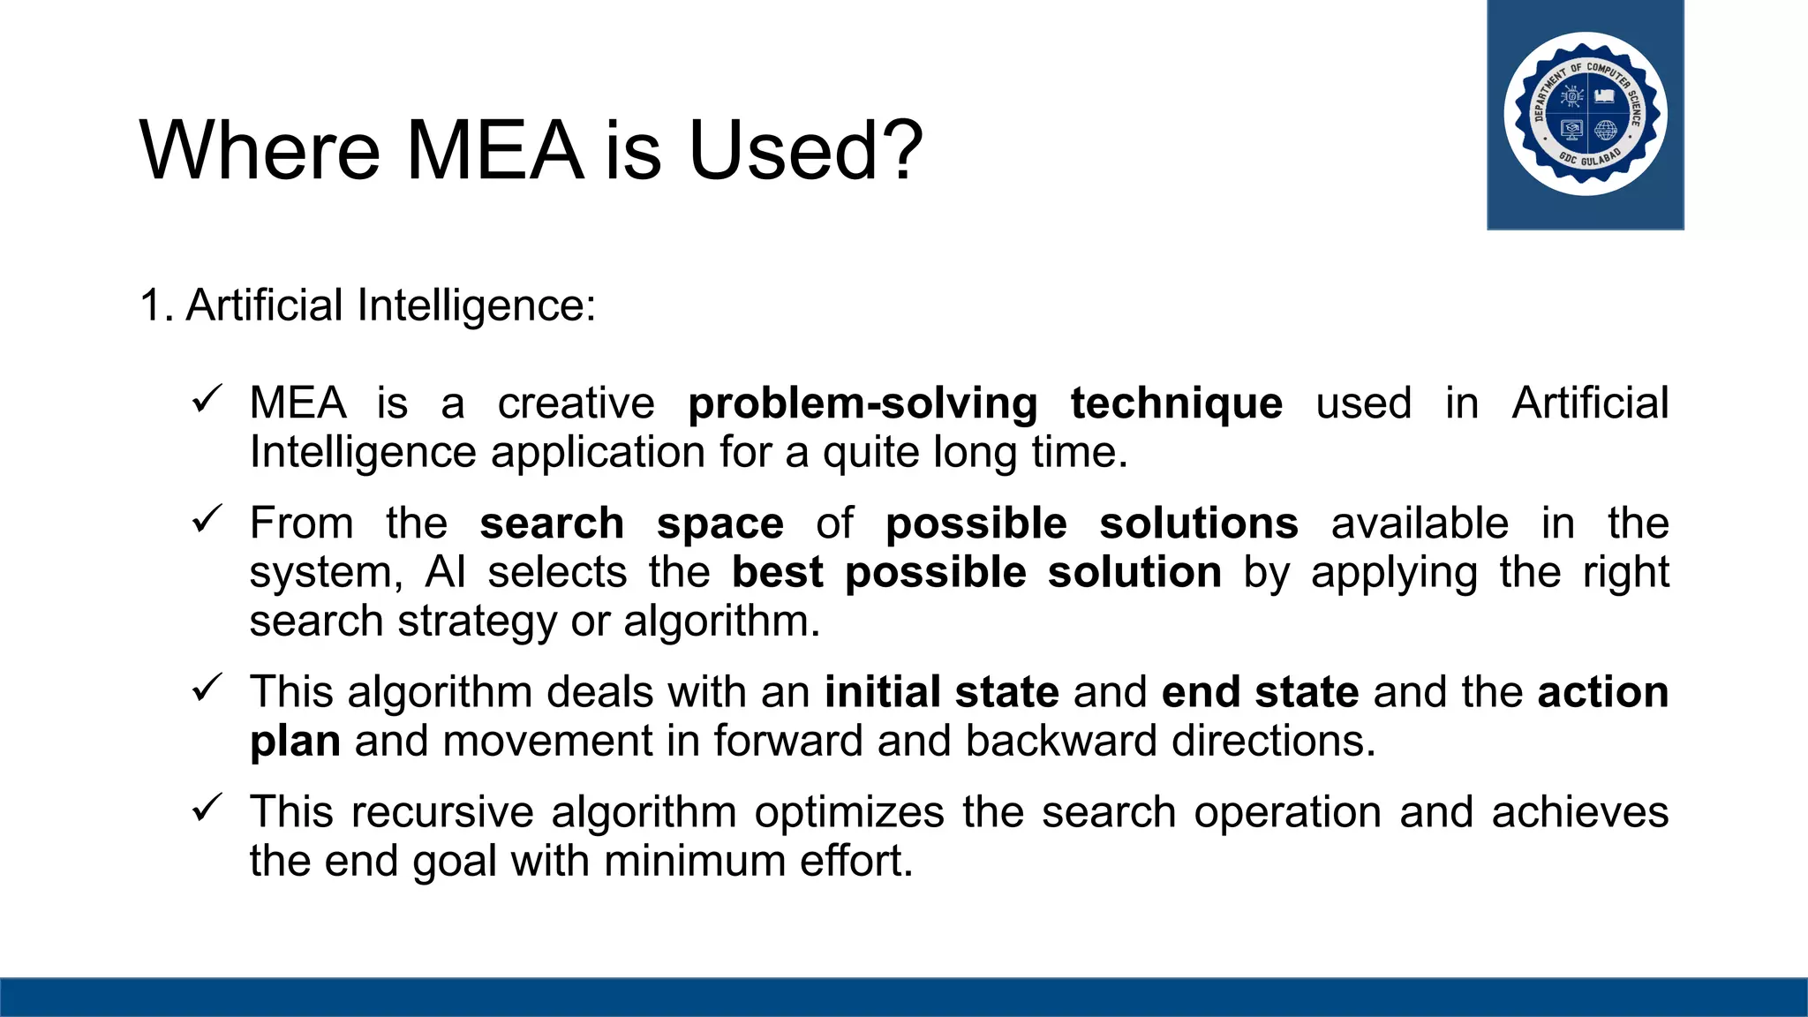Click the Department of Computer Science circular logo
point(1586,114)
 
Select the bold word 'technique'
point(1176,403)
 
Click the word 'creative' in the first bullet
point(576,403)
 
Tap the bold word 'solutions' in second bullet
point(1198,524)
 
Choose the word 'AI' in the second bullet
point(445,572)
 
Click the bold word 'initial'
point(882,692)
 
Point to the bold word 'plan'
point(295,742)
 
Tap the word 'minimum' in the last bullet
point(695,861)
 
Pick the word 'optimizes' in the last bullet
point(849,812)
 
